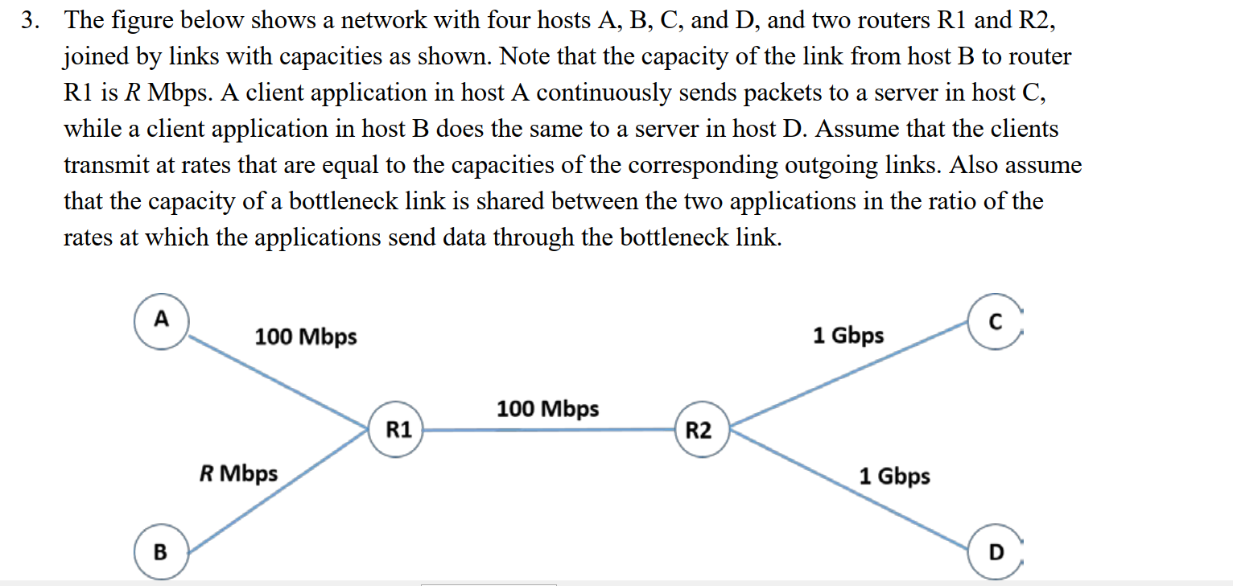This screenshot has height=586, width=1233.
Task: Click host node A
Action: click(162, 321)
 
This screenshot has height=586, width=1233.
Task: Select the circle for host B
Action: click(161, 551)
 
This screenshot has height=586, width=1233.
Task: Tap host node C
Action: click(995, 323)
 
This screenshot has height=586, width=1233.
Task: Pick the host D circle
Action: click(996, 552)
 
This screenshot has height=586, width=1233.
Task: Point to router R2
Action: click(699, 431)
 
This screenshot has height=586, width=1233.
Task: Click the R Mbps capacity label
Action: click(238, 473)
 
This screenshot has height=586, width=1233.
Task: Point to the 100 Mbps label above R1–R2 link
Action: click(547, 409)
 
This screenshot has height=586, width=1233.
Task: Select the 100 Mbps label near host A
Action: click(306, 336)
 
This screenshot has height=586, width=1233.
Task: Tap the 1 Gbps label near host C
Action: click(847, 335)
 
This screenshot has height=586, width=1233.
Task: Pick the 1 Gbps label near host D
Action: click(894, 476)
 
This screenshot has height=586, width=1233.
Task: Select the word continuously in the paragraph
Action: click(596, 93)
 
